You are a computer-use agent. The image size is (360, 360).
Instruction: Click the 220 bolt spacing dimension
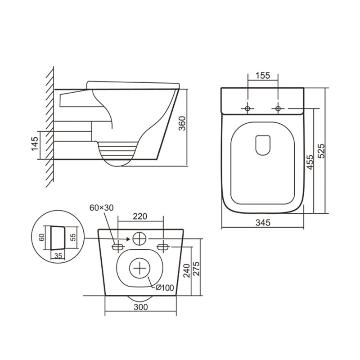coord(140,216)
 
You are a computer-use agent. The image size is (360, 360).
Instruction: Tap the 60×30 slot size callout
coord(102,208)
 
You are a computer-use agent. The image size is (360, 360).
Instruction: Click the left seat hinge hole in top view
coord(247,108)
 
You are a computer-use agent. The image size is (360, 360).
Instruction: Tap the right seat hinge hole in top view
coord(278,108)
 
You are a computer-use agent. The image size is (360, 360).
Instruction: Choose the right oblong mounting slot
coord(163,246)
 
